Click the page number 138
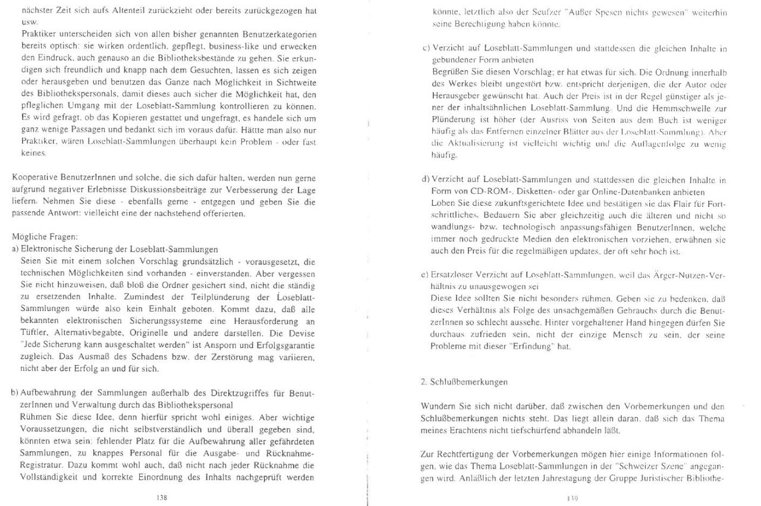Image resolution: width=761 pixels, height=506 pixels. point(161,497)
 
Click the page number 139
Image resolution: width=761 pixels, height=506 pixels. point(573,498)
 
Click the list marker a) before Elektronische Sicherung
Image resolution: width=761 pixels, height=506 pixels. point(15,249)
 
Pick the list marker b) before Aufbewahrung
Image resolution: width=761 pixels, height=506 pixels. point(15,393)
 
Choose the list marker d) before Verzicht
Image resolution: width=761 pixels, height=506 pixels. point(425,180)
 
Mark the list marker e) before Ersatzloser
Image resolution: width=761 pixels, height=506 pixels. point(425,275)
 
